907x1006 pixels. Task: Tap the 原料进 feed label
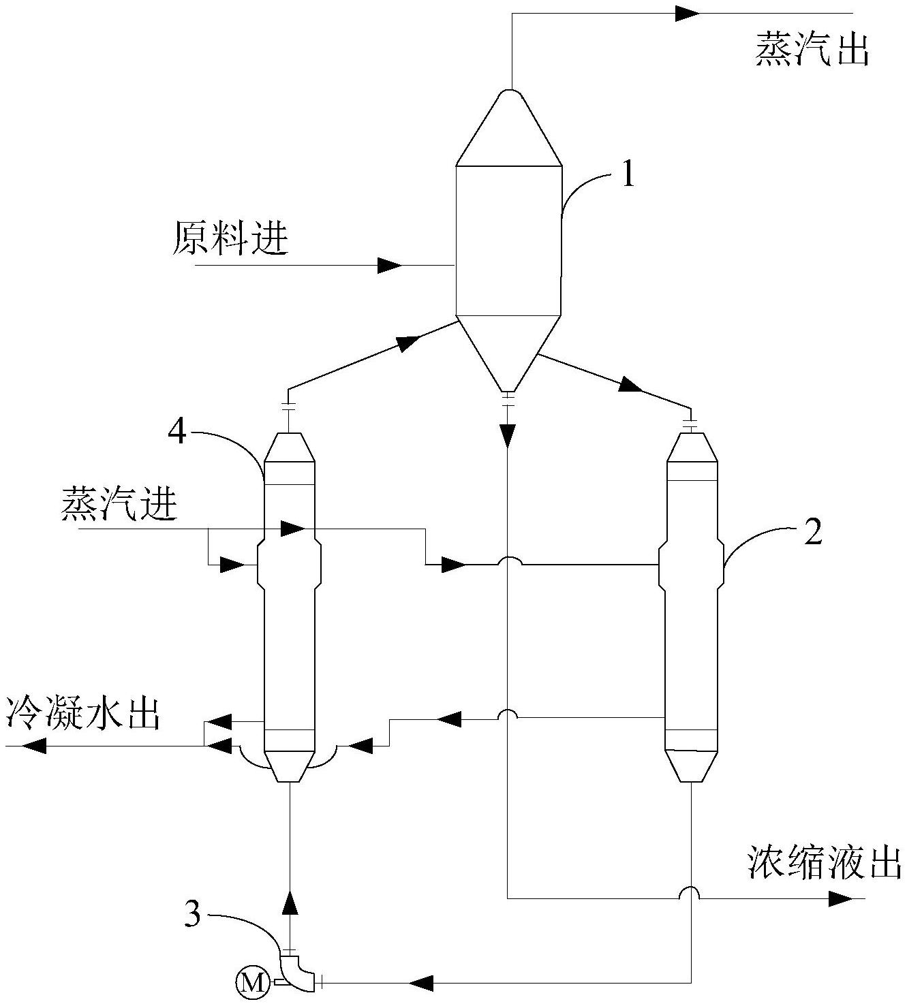pos(230,238)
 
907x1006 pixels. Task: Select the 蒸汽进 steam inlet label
pos(119,505)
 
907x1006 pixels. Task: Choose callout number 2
pos(813,533)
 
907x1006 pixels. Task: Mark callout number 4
pos(176,432)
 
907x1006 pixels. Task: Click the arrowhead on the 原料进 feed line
pos(390,265)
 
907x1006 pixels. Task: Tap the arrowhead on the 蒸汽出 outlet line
pos(688,14)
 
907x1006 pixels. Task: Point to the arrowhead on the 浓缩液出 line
pos(840,899)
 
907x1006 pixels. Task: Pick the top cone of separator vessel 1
pos(508,127)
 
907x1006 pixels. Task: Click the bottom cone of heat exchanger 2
pos(691,766)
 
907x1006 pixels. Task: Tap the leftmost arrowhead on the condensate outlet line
pos(33,746)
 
